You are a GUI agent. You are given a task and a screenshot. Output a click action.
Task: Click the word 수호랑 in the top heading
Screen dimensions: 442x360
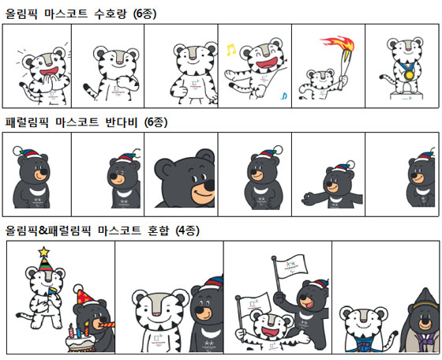tap(110, 13)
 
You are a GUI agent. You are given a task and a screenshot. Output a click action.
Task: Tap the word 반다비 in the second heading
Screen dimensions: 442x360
tap(122, 122)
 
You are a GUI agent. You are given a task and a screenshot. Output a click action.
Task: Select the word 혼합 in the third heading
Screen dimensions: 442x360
tap(159, 231)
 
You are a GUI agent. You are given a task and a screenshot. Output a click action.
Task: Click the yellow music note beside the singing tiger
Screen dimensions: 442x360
tap(230, 50)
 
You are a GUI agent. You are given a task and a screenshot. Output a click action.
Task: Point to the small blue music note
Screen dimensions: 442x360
tap(284, 96)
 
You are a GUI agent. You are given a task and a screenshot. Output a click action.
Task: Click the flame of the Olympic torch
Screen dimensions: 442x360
tap(339, 43)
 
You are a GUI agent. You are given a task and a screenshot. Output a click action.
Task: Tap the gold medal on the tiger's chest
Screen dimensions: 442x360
tap(409, 75)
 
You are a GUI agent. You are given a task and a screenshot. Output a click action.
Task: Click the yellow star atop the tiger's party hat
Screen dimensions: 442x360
tap(43, 252)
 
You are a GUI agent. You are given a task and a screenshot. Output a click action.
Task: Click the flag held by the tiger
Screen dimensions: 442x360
tap(254, 303)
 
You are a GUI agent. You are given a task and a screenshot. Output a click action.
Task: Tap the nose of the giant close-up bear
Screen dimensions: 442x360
tap(208, 186)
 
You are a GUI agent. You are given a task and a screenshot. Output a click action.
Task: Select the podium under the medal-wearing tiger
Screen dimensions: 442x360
tap(406, 96)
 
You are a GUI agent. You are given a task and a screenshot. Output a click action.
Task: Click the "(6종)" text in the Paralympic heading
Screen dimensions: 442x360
tap(156, 122)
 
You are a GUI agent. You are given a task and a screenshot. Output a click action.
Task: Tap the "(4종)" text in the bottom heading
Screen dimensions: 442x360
tap(188, 231)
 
